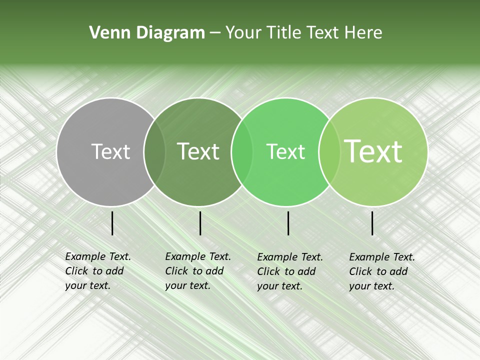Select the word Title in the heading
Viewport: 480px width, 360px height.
coord(283,33)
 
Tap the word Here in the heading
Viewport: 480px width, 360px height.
coord(364,33)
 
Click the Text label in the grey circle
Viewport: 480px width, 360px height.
coord(110,151)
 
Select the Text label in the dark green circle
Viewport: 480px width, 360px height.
coord(198,151)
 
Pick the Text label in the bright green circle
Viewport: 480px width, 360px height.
coord(285,151)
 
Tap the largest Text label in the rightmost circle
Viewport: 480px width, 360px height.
coord(373,151)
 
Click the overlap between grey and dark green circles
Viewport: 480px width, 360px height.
coord(154,151)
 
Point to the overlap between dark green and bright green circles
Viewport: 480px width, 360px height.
coord(241,151)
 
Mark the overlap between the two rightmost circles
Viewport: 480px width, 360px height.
coord(328,151)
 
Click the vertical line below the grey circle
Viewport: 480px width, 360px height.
coord(112,223)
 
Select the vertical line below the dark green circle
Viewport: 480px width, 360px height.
coord(200,223)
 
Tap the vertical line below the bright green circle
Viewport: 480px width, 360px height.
coord(288,223)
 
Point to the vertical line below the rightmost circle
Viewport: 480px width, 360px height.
coord(372,223)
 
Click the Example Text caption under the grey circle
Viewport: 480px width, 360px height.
coord(97,271)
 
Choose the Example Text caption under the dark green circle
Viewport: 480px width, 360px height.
coord(197,271)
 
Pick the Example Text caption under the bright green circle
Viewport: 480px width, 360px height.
coord(289,271)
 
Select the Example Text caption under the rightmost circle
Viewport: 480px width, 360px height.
coord(381,271)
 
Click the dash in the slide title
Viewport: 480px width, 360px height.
coord(215,33)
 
